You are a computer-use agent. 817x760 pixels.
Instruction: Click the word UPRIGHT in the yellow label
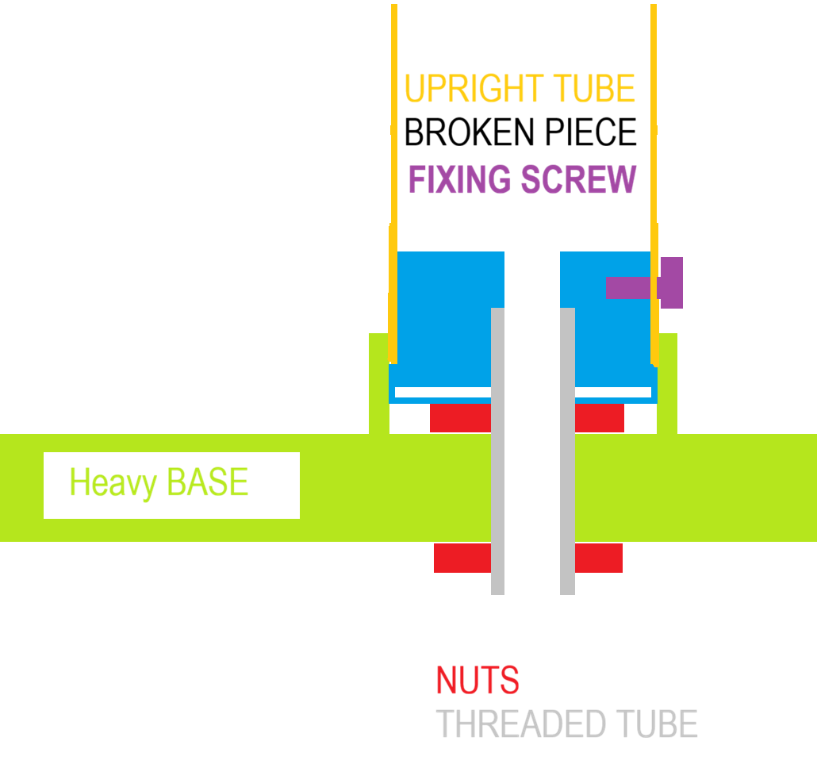click(x=474, y=88)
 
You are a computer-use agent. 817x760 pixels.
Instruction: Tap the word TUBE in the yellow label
click(x=594, y=88)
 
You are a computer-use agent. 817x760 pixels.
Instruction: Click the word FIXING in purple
click(x=459, y=179)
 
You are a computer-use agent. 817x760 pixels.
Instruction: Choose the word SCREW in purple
click(x=579, y=179)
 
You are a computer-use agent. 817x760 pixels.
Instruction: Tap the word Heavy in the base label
click(x=113, y=483)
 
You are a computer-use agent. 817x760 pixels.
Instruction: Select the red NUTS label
click(x=478, y=680)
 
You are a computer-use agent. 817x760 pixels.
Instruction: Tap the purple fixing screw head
click(x=672, y=282)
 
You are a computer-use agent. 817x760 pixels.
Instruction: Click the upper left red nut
click(x=460, y=417)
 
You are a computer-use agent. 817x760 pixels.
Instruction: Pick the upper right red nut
click(x=599, y=417)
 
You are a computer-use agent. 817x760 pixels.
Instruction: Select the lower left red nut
click(x=462, y=558)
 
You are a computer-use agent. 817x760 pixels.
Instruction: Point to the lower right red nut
click(x=599, y=558)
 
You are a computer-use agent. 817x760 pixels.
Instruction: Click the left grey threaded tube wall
click(x=497, y=451)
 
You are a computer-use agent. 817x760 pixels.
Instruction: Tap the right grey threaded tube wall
click(x=567, y=451)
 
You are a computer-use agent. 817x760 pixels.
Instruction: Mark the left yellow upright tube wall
click(x=394, y=183)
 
